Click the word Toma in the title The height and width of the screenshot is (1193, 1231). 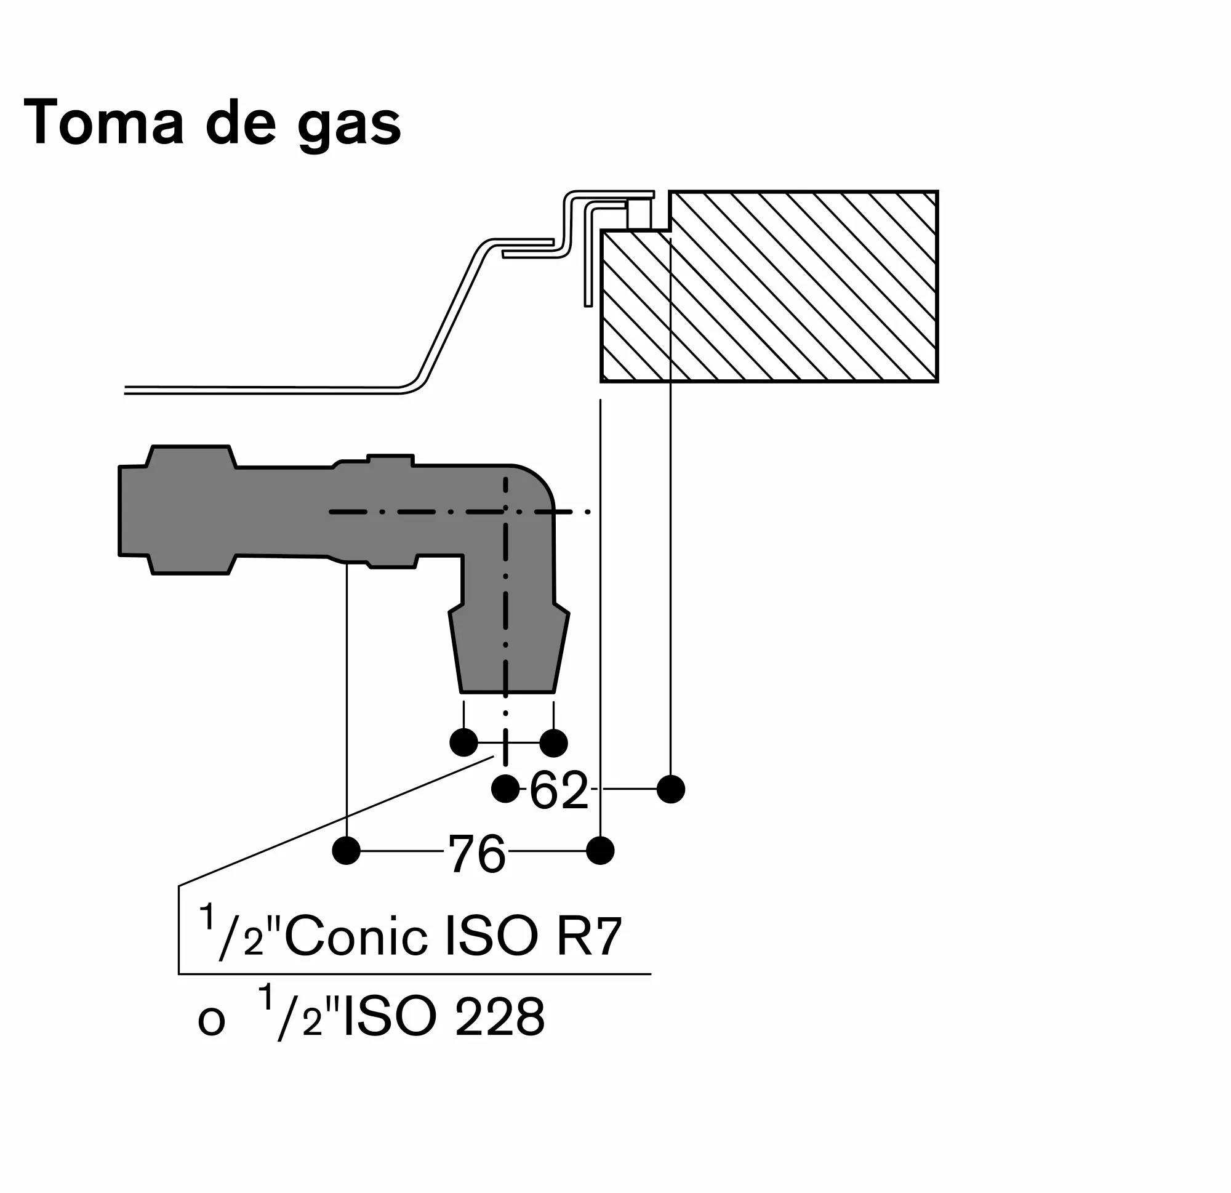(x=103, y=122)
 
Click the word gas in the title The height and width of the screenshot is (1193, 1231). (x=349, y=126)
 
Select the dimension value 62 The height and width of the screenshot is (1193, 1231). (x=558, y=790)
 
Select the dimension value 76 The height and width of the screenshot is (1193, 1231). (x=476, y=853)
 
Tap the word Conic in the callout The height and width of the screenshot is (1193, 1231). (x=356, y=937)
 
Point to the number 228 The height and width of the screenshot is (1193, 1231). (x=499, y=1016)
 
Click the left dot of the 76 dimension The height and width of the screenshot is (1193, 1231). (x=346, y=851)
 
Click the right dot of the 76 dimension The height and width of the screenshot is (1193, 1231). (x=601, y=851)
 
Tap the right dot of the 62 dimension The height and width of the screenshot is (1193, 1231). (x=671, y=789)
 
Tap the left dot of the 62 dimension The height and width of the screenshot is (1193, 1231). (x=505, y=789)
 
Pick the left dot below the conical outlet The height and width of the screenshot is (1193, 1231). (x=463, y=742)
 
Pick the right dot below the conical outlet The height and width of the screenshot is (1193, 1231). (x=553, y=742)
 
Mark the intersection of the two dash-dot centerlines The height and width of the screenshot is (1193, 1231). (x=505, y=512)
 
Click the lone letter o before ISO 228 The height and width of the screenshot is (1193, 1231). (x=211, y=1021)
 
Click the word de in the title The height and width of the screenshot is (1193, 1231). (x=241, y=122)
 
